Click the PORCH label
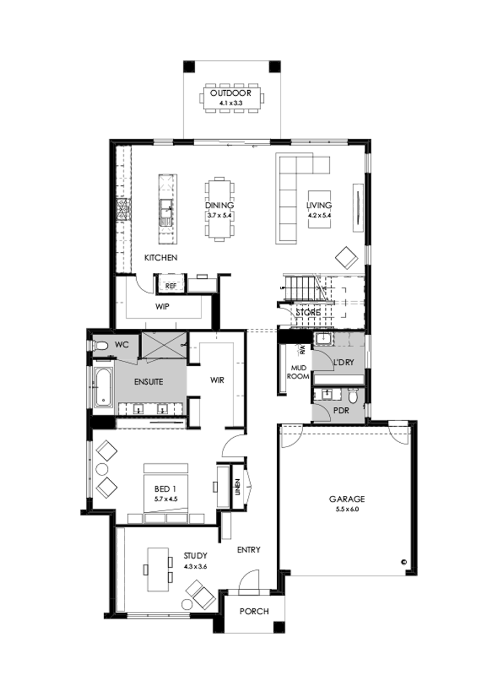click(254, 612)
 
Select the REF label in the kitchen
click(170, 286)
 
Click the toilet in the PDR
click(353, 397)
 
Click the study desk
click(157, 570)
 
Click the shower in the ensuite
click(163, 345)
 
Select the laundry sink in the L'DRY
click(323, 338)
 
